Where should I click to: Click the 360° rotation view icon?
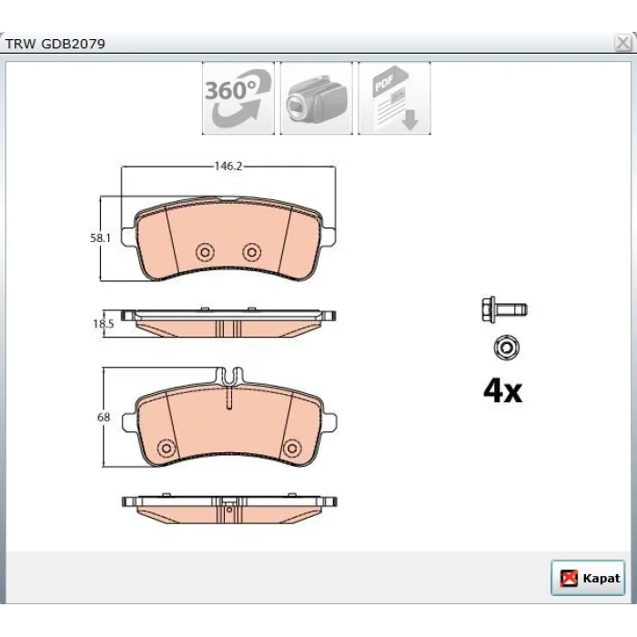[238, 98]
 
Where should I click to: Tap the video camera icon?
[317, 98]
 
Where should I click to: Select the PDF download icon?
[394, 98]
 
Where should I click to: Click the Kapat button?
[588, 578]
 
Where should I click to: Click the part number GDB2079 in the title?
[73, 44]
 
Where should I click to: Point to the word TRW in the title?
[20, 44]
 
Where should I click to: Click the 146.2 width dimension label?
[228, 167]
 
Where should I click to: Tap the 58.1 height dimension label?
[100, 238]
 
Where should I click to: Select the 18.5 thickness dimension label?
[103, 324]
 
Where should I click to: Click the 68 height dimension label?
[104, 417]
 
